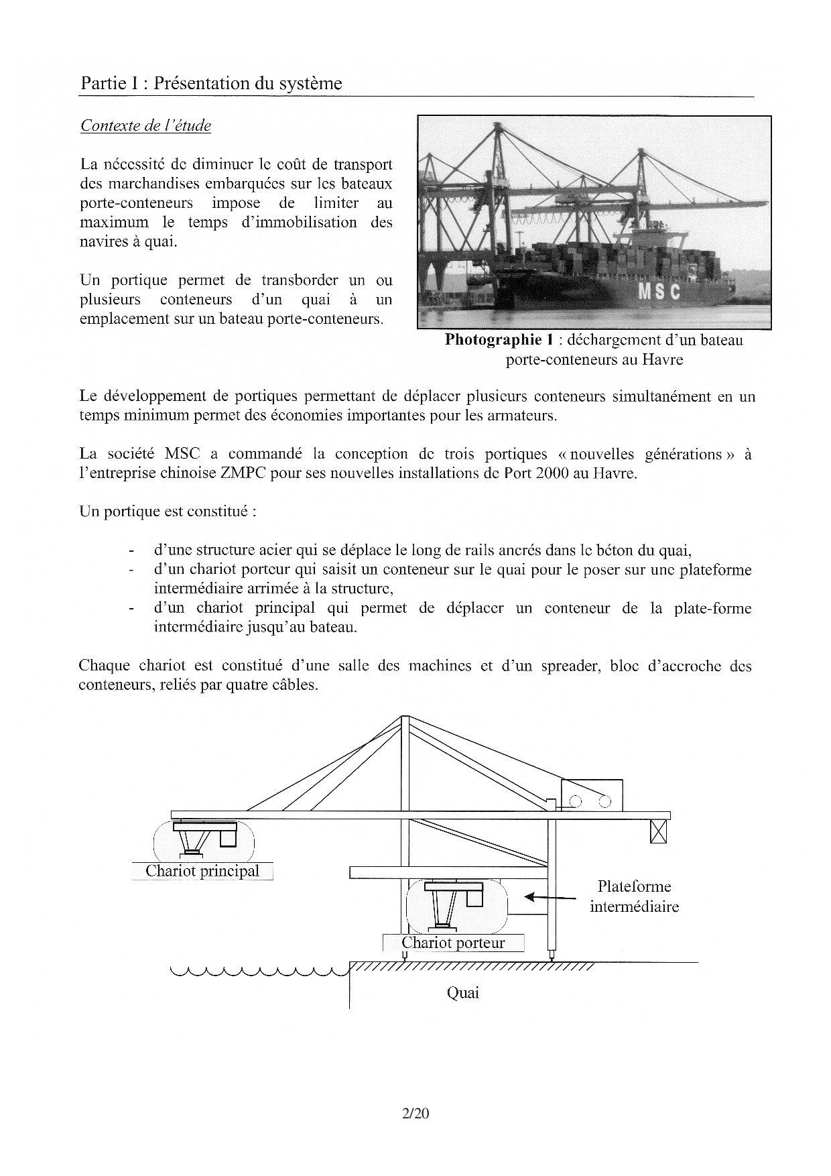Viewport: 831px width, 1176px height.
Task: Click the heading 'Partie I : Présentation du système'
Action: pos(211,83)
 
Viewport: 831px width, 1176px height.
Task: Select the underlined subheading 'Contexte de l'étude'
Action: pos(145,125)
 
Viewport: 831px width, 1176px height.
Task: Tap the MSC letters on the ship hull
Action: pos(659,292)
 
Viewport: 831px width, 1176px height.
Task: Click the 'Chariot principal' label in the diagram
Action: pos(202,871)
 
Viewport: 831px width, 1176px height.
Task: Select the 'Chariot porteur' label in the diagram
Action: pos(453,943)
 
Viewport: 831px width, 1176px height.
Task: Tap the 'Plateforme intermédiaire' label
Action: pos(634,896)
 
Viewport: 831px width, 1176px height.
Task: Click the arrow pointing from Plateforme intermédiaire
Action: pos(549,896)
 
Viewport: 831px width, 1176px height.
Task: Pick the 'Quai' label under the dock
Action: pos(463,993)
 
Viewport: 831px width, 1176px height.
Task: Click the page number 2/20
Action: pos(415,1114)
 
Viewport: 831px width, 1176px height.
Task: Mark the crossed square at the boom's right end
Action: pos(659,832)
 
